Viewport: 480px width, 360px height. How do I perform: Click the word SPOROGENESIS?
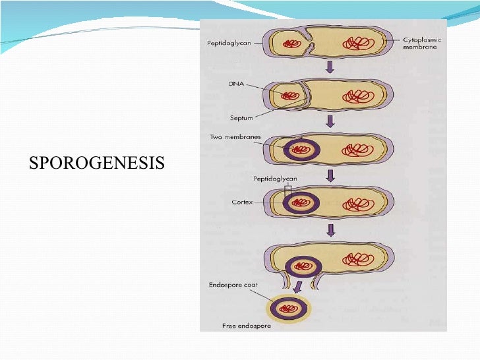[x=96, y=162]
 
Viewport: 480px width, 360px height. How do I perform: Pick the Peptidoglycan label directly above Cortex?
[x=274, y=179]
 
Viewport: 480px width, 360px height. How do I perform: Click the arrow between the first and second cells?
[x=331, y=68]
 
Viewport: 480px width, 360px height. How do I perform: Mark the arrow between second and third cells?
[x=331, y=121]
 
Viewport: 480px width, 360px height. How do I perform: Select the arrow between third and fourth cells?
[x=331, y=175]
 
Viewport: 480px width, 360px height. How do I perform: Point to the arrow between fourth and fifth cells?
[x=331, y=228]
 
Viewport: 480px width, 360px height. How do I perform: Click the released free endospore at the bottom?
[x=291, y=307]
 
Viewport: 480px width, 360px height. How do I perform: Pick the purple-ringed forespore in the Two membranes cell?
[x=302, y=150]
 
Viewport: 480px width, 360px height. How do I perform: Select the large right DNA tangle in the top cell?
[x=359, y=44]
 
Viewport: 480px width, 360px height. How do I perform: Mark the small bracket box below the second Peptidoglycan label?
[x=287, y=191]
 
